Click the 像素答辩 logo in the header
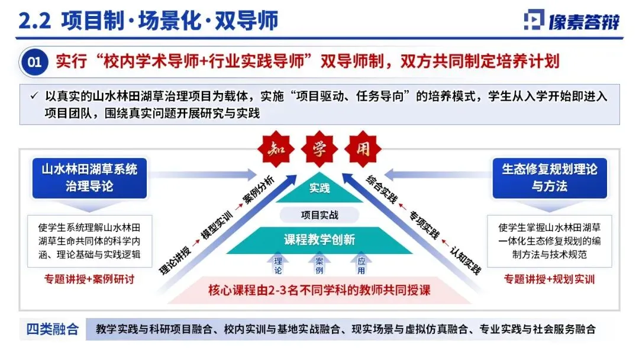click(572, 21)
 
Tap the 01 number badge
click(35, 62)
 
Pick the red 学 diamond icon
click(319, 147)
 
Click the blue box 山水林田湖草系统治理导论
click(89, 177)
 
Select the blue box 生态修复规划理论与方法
click(550, 177)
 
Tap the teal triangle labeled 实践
click(319, 188)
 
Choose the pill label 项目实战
click(319, 214)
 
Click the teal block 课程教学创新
click(319, 240)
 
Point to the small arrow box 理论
click(277, 264)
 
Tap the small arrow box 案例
click(319, 264)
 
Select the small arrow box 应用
click(361, 264)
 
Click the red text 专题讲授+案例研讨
click(89, 279)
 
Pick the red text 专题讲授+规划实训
click(549, 279)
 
